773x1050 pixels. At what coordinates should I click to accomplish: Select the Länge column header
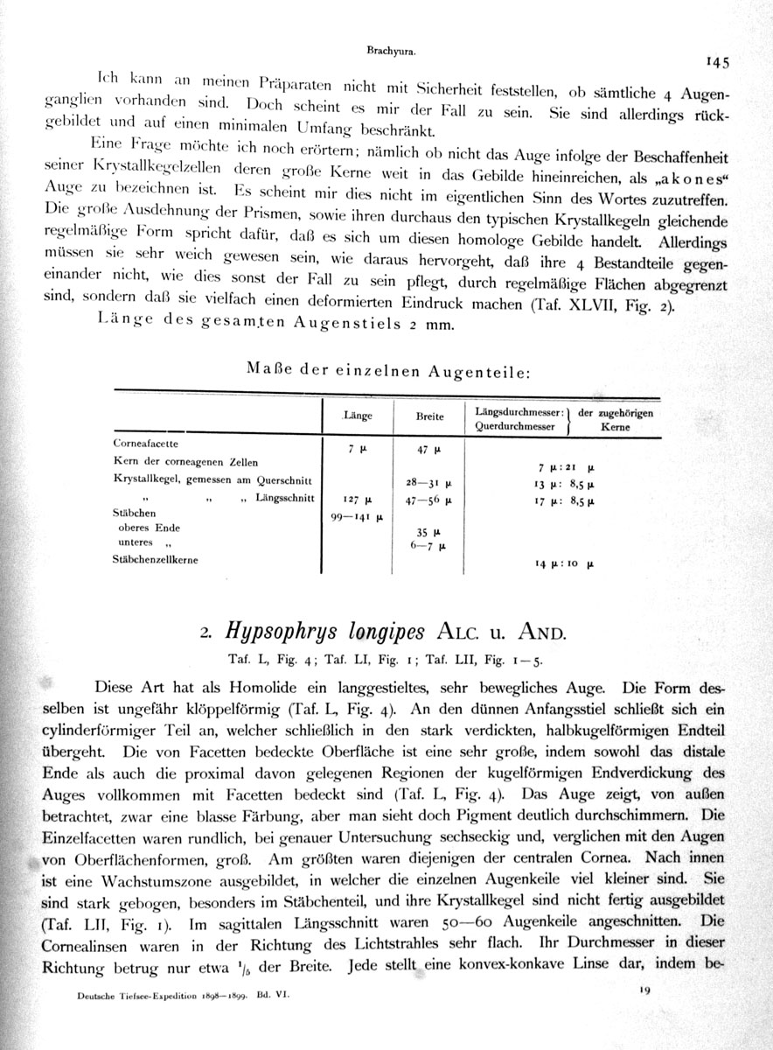pos(359,416)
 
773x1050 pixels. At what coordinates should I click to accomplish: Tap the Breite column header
pos(429,416)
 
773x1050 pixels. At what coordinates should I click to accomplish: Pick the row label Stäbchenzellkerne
pos(157,560)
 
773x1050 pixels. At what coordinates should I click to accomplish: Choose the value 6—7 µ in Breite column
pos(428,544)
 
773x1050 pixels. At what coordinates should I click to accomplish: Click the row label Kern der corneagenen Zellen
pos(185,461)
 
